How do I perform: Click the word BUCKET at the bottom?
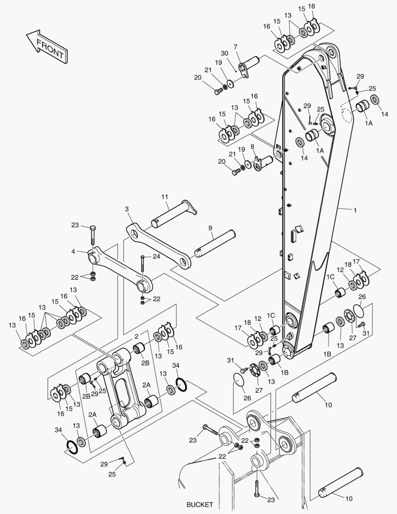click(200, 504)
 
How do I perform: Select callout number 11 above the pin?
click(165, 197)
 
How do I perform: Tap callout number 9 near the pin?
click(210, 228)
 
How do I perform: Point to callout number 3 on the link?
click(127, 209)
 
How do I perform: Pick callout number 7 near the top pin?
click(235, 47)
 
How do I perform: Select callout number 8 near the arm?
click(252, 147)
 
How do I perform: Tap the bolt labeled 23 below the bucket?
click(257, 488)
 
